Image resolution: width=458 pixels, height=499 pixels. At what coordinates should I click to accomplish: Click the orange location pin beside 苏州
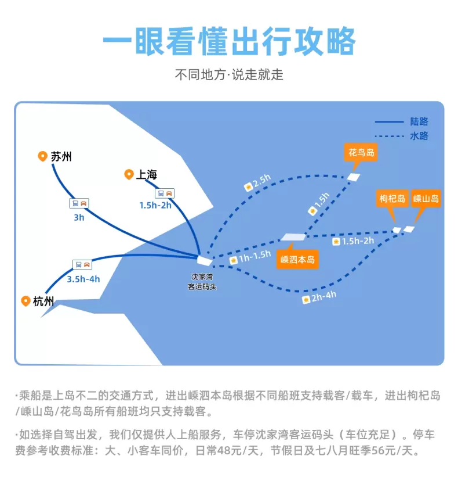coord(42,156)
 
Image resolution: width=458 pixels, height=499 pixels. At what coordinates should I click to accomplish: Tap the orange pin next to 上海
coord(129,174)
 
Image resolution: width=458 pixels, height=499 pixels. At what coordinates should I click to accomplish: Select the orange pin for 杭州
coord(26,301)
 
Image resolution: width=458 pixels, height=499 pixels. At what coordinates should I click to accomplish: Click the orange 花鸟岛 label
coord(361,153)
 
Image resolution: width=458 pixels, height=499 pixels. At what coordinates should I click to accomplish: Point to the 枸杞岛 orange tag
coord(392,199)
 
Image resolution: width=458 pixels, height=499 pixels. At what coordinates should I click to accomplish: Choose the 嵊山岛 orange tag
coord(426,199)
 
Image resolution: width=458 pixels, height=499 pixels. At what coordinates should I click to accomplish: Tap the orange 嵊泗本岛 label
coord(297,260)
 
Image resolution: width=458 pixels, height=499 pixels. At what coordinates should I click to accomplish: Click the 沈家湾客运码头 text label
coord(202,282)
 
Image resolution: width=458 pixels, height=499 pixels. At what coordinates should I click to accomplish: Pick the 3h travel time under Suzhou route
coord(79,218)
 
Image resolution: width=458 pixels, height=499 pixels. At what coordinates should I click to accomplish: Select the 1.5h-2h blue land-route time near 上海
coord(155,205)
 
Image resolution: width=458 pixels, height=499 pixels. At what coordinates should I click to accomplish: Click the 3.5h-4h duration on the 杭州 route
coord(83,279)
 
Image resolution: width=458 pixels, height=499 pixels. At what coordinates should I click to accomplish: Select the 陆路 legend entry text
coord(419,121)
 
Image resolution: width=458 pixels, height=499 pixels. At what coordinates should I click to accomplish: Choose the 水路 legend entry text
coord(419,136)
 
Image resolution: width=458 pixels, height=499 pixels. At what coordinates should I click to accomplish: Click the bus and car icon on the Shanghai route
coord(165,193)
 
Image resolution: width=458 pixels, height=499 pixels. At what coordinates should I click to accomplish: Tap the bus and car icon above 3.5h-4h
coord(82,264)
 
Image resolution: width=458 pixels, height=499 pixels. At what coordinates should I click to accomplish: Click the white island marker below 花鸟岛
coord(354,177)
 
